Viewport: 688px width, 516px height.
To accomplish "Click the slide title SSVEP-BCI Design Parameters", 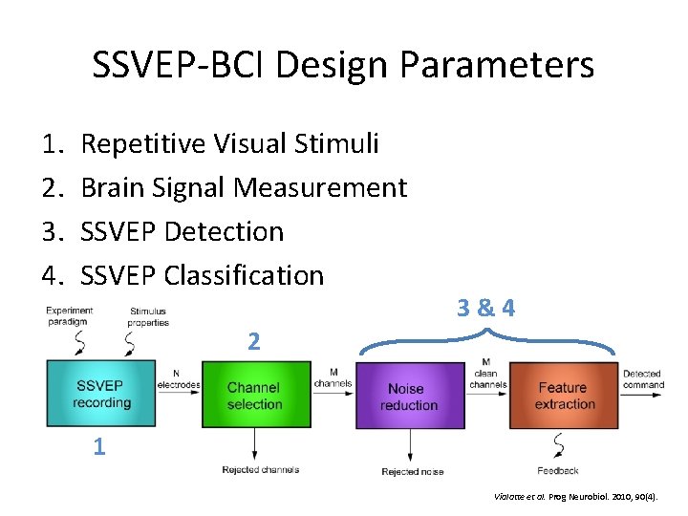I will coord(343,65).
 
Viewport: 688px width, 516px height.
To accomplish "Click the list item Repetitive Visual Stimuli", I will coord(229,144).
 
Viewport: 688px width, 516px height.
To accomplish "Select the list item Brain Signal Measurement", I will coord(244,188).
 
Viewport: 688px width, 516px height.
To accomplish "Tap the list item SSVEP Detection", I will coord(182,232).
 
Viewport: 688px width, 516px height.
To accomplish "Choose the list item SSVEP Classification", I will coord(203,276).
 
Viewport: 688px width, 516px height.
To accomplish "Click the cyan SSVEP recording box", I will coord(100,394).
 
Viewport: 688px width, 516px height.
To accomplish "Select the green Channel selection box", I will coord(254,395).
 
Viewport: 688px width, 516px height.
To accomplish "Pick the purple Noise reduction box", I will coord(408,396).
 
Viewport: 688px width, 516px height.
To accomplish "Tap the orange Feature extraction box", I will coord(563,395).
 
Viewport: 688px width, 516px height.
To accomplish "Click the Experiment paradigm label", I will coord(69,316).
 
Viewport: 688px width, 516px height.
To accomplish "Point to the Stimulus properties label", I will coord(148,316).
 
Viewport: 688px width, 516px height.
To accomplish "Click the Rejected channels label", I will coord(260,469).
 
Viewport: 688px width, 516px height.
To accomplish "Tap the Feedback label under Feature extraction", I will coord(557,470).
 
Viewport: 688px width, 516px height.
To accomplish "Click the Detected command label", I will coord(642,379).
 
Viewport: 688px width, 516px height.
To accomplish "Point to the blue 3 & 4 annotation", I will coord(485,308).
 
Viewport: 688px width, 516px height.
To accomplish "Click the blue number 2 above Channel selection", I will coord(253,340).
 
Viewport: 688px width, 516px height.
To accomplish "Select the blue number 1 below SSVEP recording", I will coord(99,446).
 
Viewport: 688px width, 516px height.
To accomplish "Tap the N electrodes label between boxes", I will coord(179,379).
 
